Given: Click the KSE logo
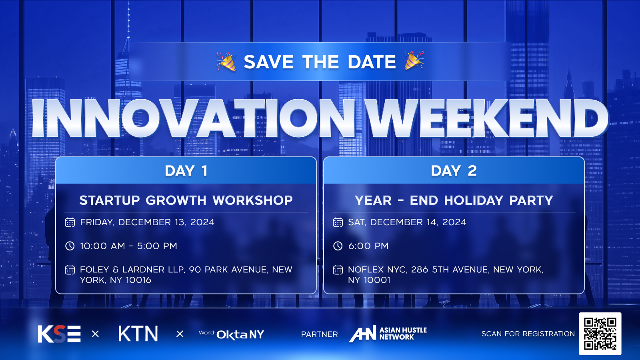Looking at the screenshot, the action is [59, 334].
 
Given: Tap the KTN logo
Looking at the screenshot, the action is [138, 334].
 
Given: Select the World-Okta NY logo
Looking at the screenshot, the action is [232, 334].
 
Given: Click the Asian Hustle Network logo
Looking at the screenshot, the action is [388, 334].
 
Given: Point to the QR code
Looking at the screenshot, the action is [600, 334].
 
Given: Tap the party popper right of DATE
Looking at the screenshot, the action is [414, 60].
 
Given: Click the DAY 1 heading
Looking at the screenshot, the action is [186, 171].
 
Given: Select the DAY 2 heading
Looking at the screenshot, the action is [454, 171].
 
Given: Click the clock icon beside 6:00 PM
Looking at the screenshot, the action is [338, 246].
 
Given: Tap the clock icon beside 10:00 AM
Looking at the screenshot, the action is [70, 246].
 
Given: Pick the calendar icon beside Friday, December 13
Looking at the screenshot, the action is [70, 222].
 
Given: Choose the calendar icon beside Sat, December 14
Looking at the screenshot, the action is [338, 222].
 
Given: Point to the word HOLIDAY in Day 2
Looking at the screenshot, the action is [474, 200].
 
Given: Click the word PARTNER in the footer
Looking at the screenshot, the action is [320, 334].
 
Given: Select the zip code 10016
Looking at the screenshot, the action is [138, 280].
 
